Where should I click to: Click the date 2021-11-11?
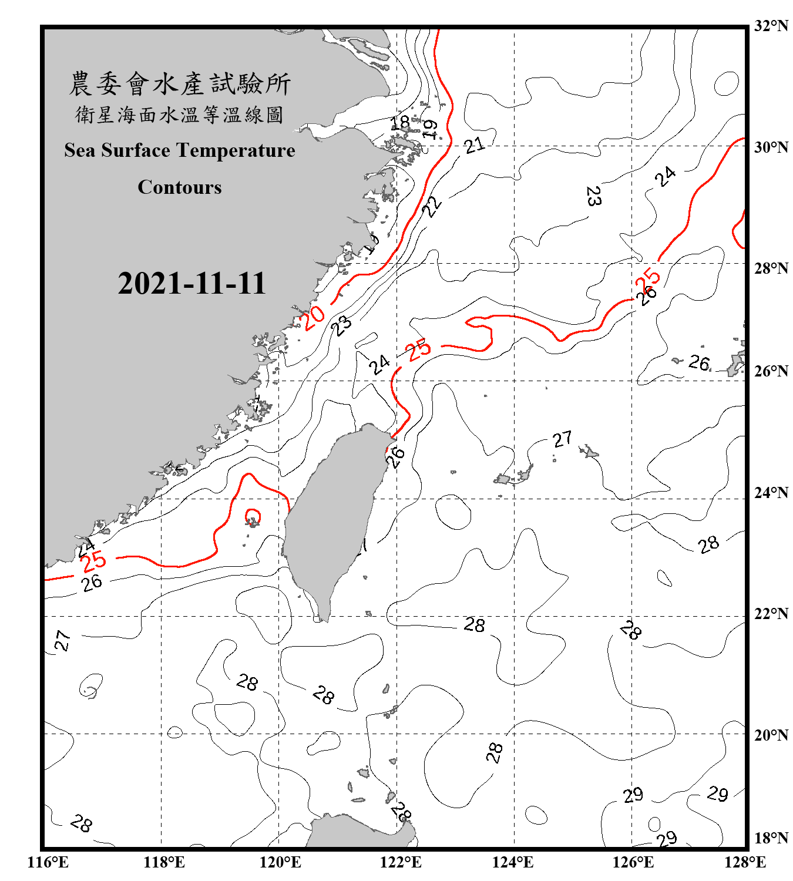(x=191, y=284)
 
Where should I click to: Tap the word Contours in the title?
(x=180, y=187)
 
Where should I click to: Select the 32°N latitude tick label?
(x=771, y=26)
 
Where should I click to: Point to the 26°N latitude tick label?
(x=771, y=371)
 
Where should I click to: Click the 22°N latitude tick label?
(x=771, y=614)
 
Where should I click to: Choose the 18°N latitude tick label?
(x=771, y=838)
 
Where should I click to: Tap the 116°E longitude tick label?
(x=48, y=862)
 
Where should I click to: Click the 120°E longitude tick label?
(x=280, y=862)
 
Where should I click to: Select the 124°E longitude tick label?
(x=513, y=862)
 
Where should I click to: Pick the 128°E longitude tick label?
(x=745, y=862)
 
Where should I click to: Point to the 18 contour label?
(x=401, y=123)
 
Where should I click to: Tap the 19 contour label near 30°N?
(x=430, y=129)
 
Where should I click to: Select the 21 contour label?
(x=474, y=144)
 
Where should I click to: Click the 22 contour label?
(x=432, y=206)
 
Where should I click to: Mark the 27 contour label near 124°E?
(x=562, y=439)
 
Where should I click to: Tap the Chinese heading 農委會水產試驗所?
(x=180, y=84)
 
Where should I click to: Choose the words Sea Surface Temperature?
(x=180, y=150)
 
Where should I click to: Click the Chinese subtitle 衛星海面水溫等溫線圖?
(x=180, y=115)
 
